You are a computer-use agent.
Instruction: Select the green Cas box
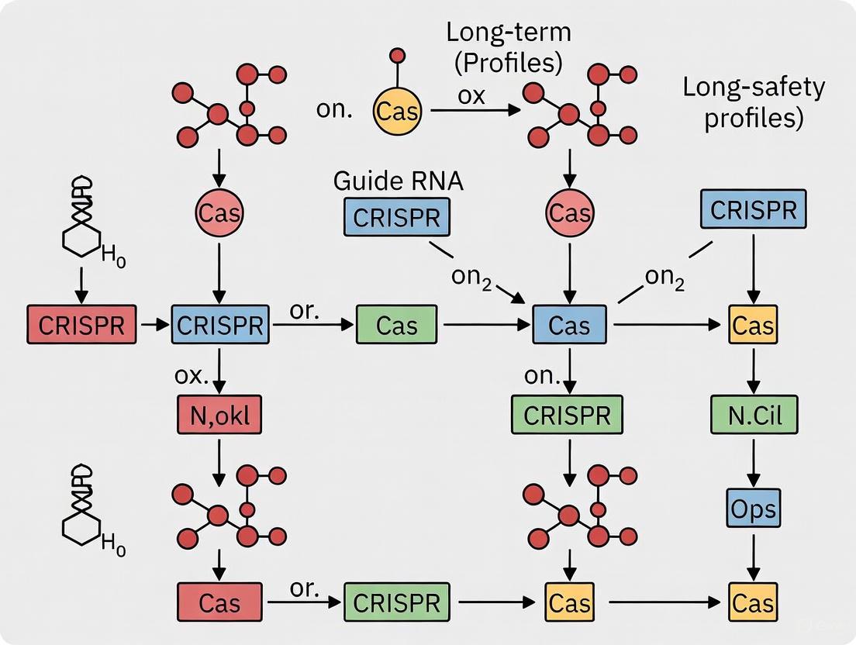pos(396,326)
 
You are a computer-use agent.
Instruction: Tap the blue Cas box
pos(570,326)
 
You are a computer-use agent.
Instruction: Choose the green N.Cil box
pos(753,417)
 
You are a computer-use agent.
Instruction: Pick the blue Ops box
pos(753,509)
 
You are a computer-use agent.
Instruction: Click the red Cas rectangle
pos(221,602)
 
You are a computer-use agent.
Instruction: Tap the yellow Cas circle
pos(396,111)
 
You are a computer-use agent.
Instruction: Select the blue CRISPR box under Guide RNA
pos(396,217)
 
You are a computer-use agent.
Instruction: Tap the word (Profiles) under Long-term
pos(504,63)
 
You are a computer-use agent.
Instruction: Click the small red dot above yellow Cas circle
pos(396,56)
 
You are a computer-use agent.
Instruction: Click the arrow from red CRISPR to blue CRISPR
pos(157,326)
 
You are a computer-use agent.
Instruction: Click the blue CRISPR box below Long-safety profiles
pos(753,209)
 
